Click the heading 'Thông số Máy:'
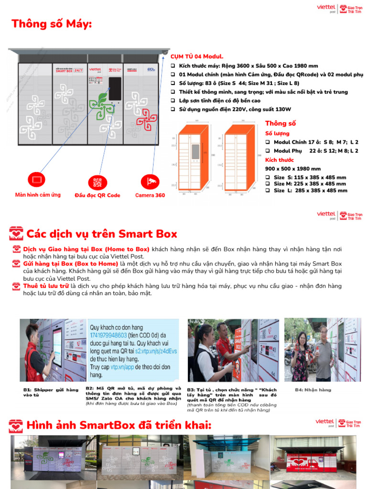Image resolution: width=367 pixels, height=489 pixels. pyautogui.click(x=52, y=24)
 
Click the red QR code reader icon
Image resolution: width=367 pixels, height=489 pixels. pyautogui.click(x=97, y=182)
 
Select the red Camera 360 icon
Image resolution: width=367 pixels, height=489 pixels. pyautogui.click(x=150, y=181)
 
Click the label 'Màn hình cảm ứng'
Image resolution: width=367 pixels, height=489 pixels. pyautogui.click(x=38, y=195)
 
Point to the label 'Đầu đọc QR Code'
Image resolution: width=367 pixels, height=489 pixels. pyautogui.click(x=97, y=195)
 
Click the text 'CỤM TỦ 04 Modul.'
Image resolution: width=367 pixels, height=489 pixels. pyautogui.click(x=197, y=56)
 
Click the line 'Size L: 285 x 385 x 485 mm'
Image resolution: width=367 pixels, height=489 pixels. pyautogui.click(x=310, y=191)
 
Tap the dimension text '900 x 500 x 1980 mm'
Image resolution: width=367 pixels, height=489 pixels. pyautogui.click(x=292, y=169)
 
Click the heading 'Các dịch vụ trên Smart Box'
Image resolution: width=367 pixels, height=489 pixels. pyautogui.click(x=101, y=234)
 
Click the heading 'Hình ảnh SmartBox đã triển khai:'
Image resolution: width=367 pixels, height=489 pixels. pyautogui.click(x=119, y=425)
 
